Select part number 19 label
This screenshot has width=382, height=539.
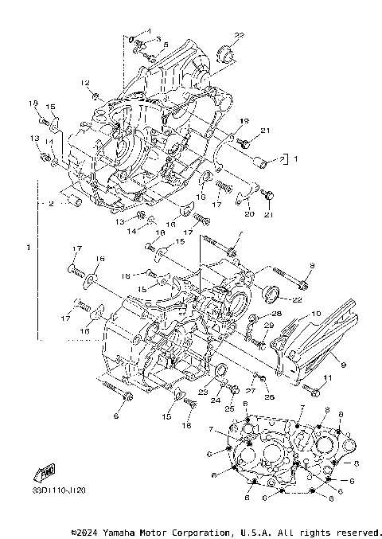[x=245, y=120]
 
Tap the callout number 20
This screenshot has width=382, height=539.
[x=248, y=214]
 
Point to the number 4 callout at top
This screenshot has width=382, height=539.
[x=147, y=30]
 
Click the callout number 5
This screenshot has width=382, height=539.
[x=166, y=45]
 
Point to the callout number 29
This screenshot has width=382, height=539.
[x=268, y=326]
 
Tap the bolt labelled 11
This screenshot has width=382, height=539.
[x=311, y=389]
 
